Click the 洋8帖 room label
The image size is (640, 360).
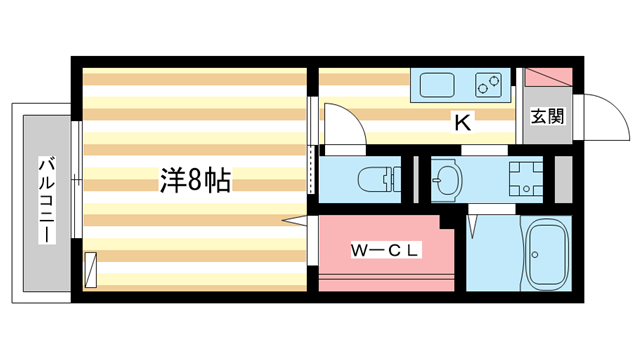click(x=196, y=180)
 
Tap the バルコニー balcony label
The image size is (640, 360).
click(x=46, y=200)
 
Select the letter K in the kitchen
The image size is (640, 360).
click(x=462, y=123)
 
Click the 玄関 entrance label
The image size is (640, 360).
click(x=546, y=115)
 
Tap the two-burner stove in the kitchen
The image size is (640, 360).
click(x=488, y=85)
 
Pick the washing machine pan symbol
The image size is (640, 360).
click(x=523, y=180)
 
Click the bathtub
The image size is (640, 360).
click(x=546, y=254)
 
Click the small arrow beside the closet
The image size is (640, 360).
click(x=293, y=220)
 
